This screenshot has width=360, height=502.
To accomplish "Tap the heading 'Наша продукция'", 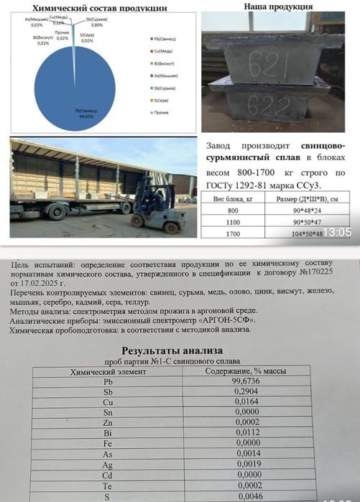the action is [x=278, y=6].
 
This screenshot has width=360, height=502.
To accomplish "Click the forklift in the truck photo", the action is [x=155, y=208].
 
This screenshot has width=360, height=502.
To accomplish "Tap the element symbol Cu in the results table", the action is [x=109, y=403].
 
